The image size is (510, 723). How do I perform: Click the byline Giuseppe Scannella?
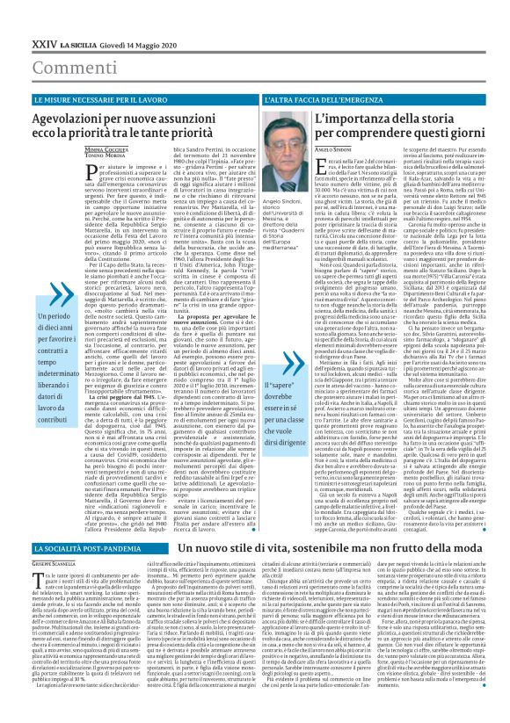click(32, 539)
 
